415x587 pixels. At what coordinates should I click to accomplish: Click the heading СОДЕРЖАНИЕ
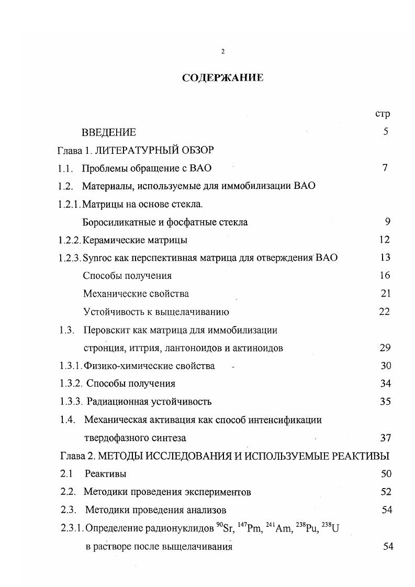pyautogui.click(x=222, y=78)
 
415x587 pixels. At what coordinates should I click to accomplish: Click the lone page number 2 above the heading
pyautogui.click(x=223, y=51)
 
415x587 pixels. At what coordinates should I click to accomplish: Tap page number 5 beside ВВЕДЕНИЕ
pyautogui.click(x=386, y=132)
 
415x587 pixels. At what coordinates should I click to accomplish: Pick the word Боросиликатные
pyautogui.click(x=116, y=222)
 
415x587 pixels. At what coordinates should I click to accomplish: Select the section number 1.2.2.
pyautogui.click(x=70, y=240)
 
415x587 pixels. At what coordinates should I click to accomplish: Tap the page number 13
pyautogui.click(x=385, y=258)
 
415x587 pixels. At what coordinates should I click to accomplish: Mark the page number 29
pyautogui.click(x=385, y=348)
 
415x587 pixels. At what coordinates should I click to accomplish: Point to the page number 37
pyautogui.click(x=385, y=438)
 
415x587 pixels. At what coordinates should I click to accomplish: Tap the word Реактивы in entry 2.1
pyautogui.click(x=106, y=474)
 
